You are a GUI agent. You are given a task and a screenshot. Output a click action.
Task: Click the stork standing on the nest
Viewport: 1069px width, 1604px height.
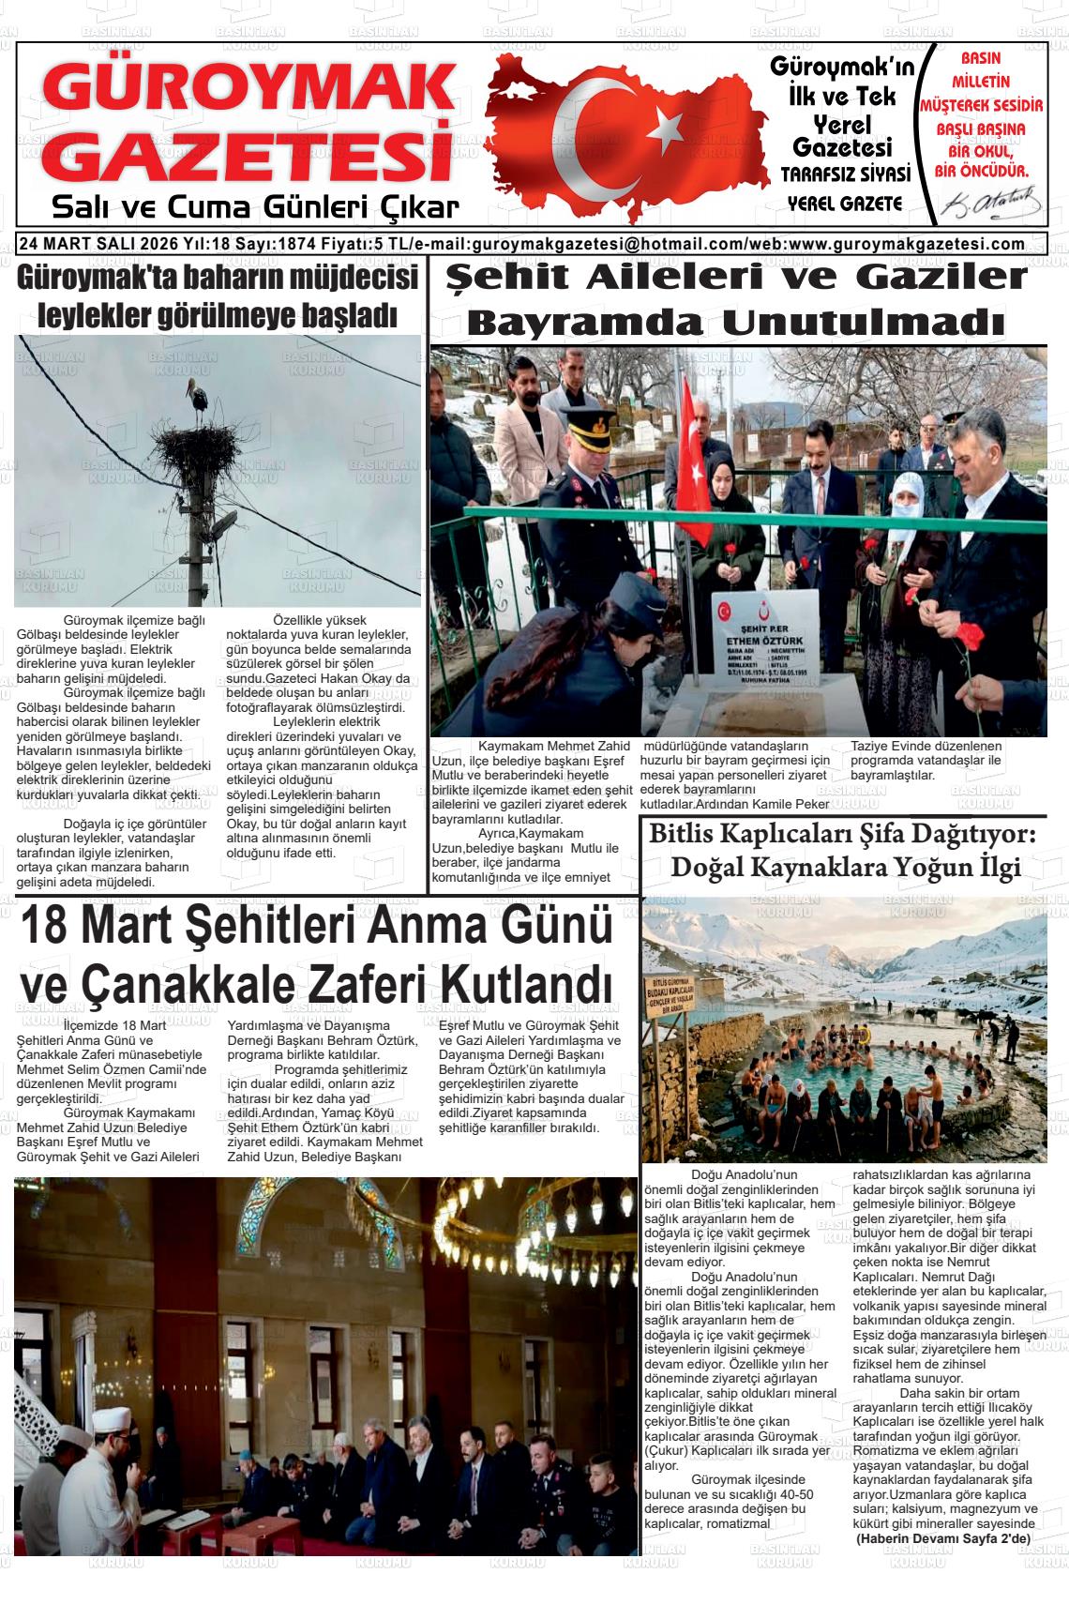198,397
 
